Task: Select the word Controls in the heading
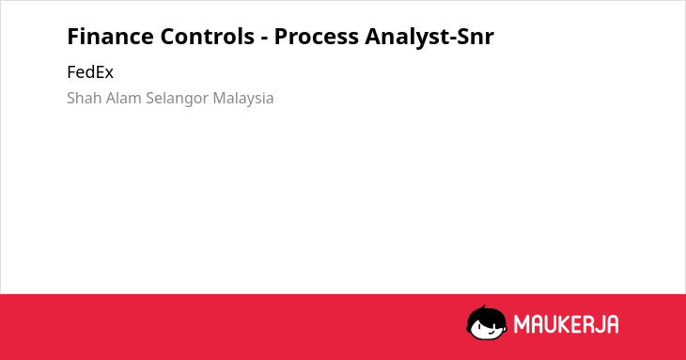[x=208, y=37]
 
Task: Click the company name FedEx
[x=90, y=72]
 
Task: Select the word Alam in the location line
[x=124, y=98]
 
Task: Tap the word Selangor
[x=178, y=99]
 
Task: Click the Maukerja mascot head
[x=487, y=322]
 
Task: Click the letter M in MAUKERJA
[x=522, y=324]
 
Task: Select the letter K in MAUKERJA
[x=566, y=324]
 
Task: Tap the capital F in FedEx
[x=71, y=72]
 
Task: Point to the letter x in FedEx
[x=108, y=74]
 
